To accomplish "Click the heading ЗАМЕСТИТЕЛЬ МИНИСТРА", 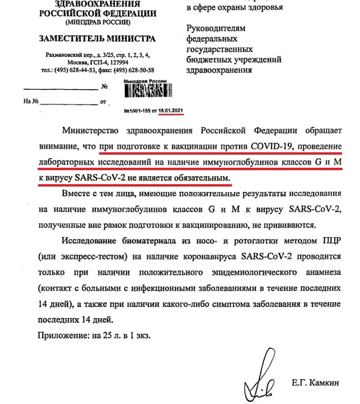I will coord(97,38).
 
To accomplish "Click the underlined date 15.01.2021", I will coord(171,111).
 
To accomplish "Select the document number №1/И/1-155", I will coord(137,111).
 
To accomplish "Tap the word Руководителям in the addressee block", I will coord(216,28).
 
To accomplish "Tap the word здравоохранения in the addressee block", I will coord(219,70).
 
